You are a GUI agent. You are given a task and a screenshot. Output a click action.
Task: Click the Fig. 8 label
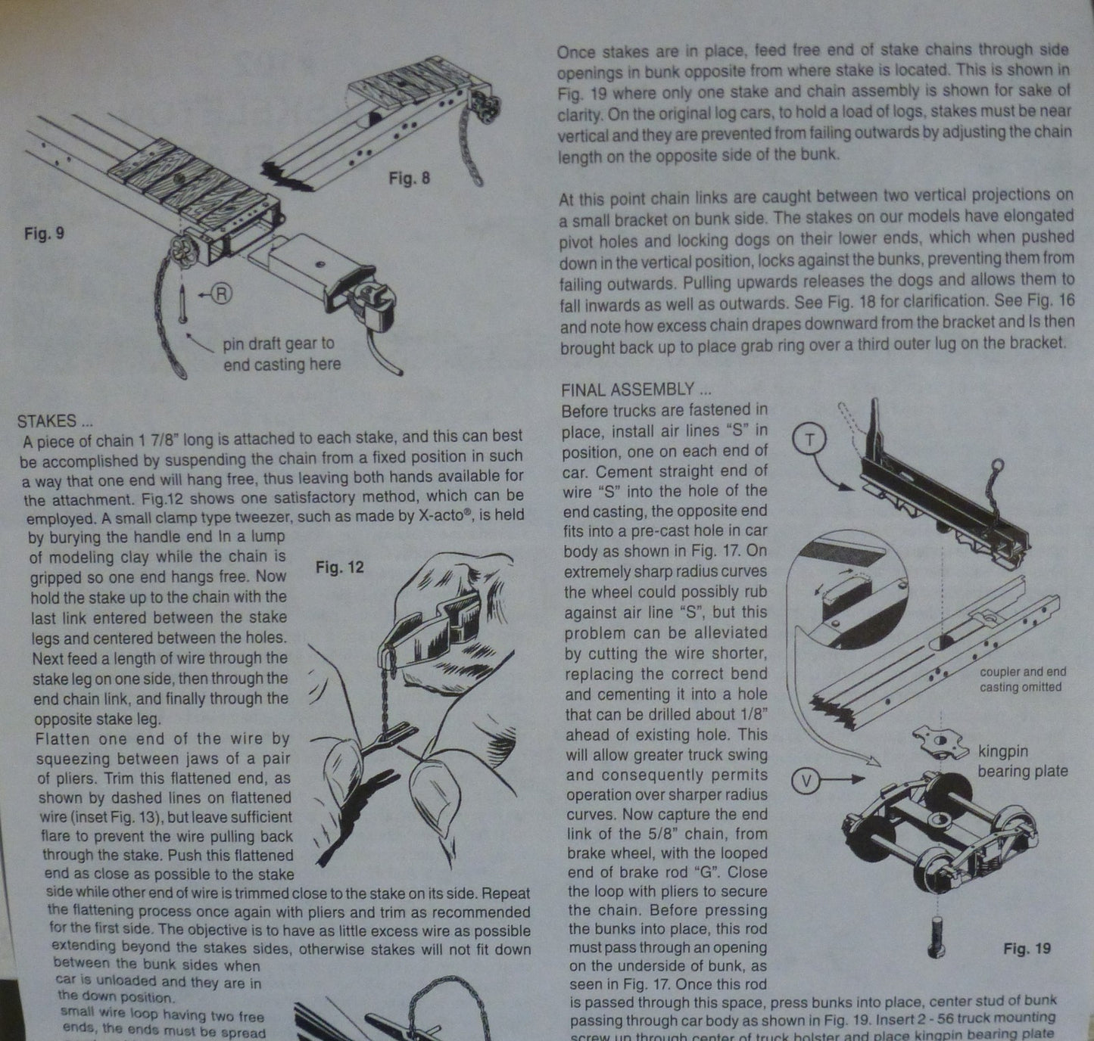point(409,178)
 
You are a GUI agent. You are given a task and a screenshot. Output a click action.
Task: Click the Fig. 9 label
point(44,233)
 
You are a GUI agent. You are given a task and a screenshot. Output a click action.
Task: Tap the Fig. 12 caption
point(339,567)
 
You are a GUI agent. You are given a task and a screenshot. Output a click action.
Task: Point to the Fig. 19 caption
point(1027,948)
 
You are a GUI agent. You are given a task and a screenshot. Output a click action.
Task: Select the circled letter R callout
point(221,293)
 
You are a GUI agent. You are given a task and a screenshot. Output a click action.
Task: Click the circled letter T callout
point(809,440)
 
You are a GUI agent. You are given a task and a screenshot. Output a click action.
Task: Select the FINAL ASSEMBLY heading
point(636,389)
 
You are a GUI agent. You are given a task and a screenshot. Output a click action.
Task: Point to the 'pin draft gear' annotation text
point(282,353)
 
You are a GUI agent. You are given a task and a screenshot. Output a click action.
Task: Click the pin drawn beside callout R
point(182,304)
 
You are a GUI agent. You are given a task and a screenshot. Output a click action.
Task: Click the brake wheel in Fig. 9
point(182,253)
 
